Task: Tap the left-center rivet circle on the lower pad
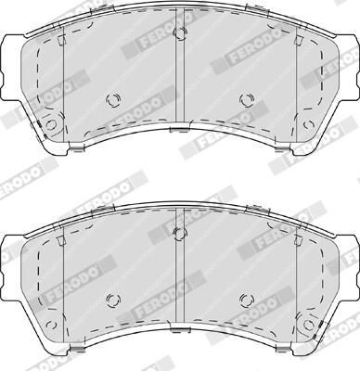click(113, 299)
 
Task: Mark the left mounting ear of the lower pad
click(11, 255)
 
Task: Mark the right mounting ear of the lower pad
click(348, 255)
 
